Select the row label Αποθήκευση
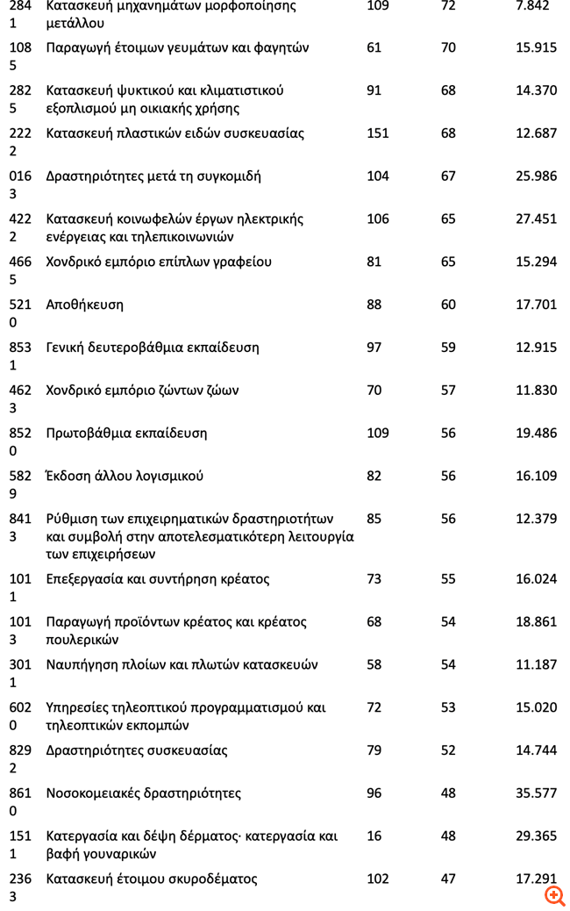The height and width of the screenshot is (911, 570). pos(84,305)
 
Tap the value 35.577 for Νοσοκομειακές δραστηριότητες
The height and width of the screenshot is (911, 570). pos(536,793)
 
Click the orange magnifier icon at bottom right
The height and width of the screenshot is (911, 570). pos(554,895)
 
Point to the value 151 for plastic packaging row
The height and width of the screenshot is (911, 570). pos(378,133)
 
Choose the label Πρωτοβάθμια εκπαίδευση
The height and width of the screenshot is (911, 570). pos(126,433)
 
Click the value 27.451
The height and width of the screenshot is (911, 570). pos(536,219)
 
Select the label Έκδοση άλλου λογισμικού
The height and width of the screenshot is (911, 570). pos(125,476)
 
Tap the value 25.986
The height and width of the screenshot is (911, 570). pos(536,176)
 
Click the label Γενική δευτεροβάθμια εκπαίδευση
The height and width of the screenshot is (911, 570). pos(153,348)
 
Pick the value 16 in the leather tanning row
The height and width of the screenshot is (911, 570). pos(374,836)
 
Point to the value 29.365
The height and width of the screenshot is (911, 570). pos(536,836)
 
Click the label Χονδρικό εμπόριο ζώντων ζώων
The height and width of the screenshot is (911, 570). pos(142,391)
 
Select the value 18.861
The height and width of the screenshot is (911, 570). pos(536,622)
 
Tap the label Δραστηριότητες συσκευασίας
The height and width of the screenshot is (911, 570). pos(137,750)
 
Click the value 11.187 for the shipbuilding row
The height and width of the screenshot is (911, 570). pos(536,664)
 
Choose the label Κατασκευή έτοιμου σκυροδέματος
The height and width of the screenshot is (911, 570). pos(152,879)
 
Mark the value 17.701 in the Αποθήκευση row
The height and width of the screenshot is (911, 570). pos(536,305)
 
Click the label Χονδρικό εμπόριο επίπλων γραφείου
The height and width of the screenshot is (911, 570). pos(159,262)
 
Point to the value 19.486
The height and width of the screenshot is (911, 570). pos(536,433)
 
